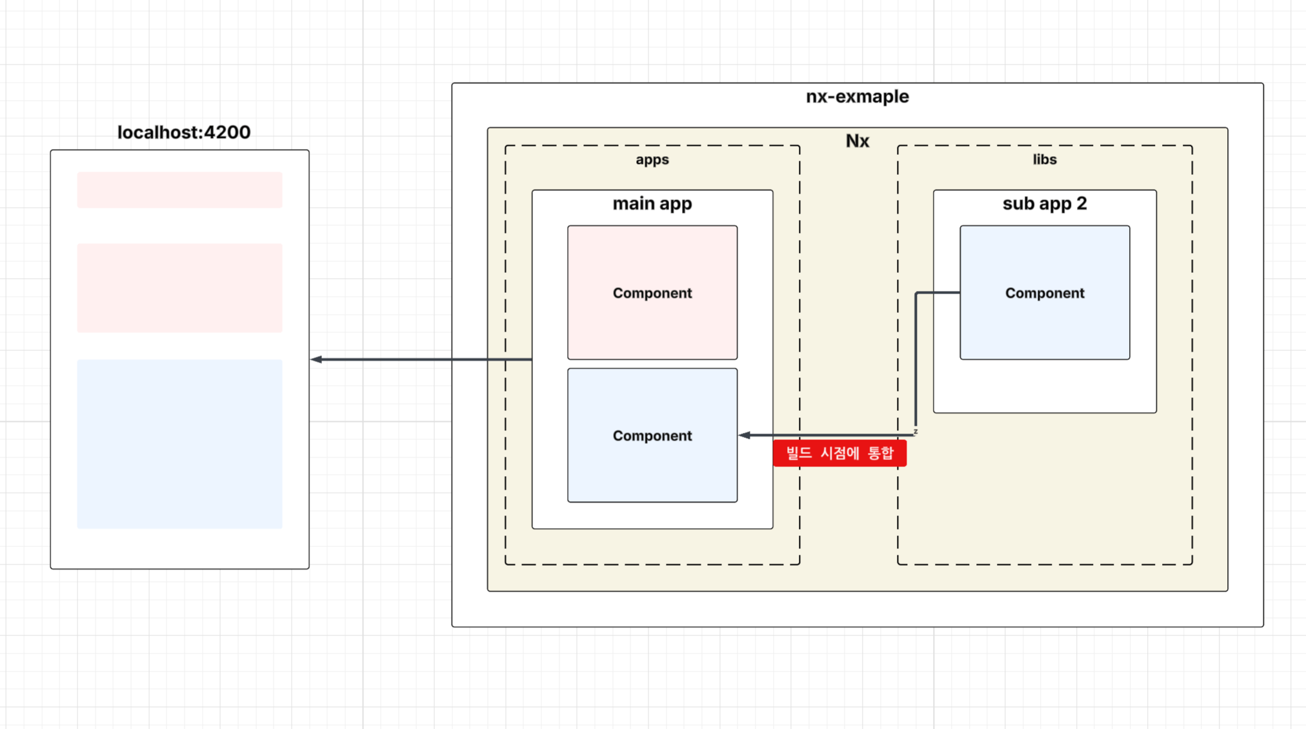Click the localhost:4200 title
184,132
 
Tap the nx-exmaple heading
857,97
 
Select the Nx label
857,141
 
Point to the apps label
652,159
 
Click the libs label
1044,159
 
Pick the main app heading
652,204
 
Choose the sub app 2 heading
1044,204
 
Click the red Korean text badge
839,454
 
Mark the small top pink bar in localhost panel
179,190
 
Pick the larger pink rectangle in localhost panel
179,288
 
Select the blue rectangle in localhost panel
179,444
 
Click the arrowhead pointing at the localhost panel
316,359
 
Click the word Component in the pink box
652,293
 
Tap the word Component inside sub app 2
1044,293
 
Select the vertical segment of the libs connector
916,361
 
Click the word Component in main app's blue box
652,436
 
